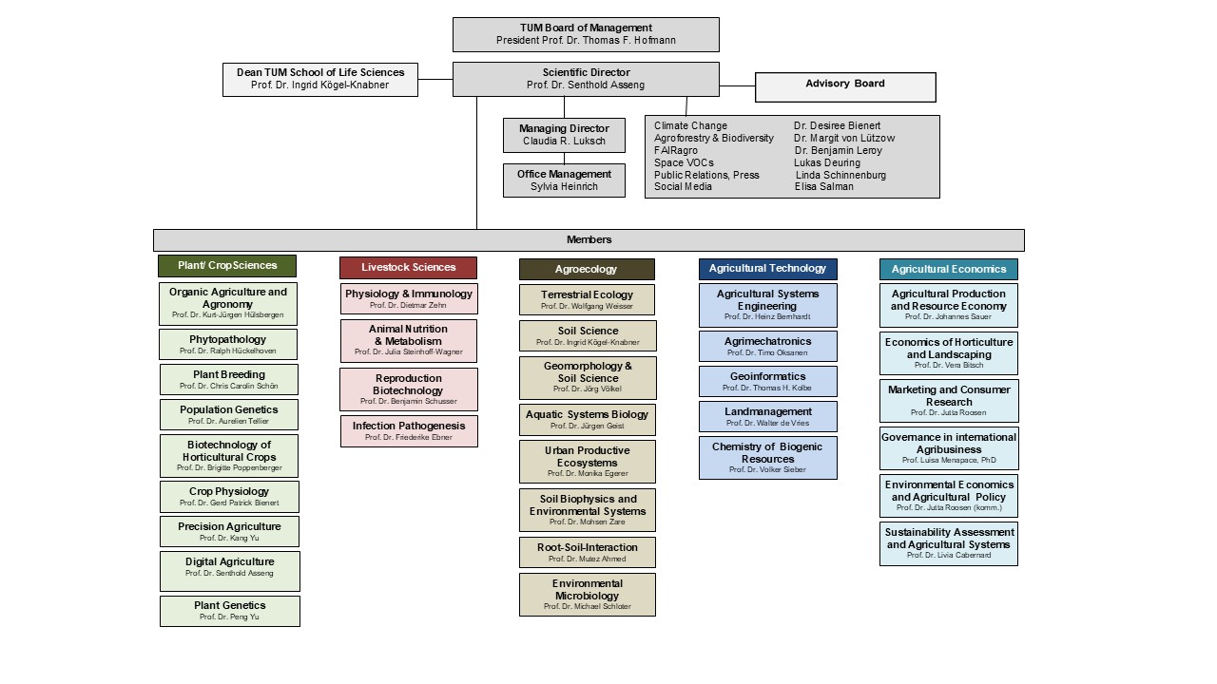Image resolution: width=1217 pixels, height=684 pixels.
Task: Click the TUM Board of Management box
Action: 586,34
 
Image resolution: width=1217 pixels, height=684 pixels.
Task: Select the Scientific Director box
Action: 586,79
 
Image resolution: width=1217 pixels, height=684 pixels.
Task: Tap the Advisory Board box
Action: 845,86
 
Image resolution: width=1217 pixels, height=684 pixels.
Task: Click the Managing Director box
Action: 565,135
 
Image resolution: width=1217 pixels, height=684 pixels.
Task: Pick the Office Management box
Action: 564,180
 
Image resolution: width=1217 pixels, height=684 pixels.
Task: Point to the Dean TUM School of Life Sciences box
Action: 320,79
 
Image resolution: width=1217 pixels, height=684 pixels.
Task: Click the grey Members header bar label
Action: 589,239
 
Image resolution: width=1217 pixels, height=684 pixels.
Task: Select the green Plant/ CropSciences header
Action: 227,266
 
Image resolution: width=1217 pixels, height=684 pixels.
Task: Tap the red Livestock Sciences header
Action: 409,268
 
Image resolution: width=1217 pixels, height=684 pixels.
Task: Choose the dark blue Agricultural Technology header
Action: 768,269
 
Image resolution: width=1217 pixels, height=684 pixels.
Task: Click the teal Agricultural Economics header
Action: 948,270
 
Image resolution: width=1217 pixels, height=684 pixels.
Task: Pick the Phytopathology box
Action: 228,344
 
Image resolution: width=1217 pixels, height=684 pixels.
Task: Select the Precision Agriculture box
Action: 229,531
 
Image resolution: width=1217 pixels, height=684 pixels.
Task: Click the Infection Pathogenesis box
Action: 409,431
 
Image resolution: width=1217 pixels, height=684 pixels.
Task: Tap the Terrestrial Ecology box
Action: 587,300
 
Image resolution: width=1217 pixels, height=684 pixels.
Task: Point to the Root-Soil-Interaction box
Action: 587,552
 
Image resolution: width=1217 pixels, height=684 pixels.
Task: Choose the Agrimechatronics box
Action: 768,346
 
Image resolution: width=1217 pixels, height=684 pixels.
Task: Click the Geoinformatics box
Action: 768,381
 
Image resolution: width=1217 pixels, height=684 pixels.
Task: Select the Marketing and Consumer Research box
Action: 948,401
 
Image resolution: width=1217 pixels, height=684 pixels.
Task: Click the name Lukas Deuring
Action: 827,162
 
